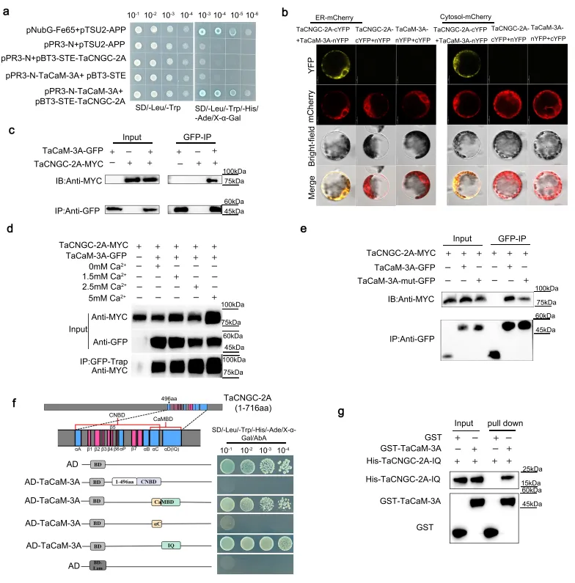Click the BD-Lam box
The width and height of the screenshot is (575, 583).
(95, 565)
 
